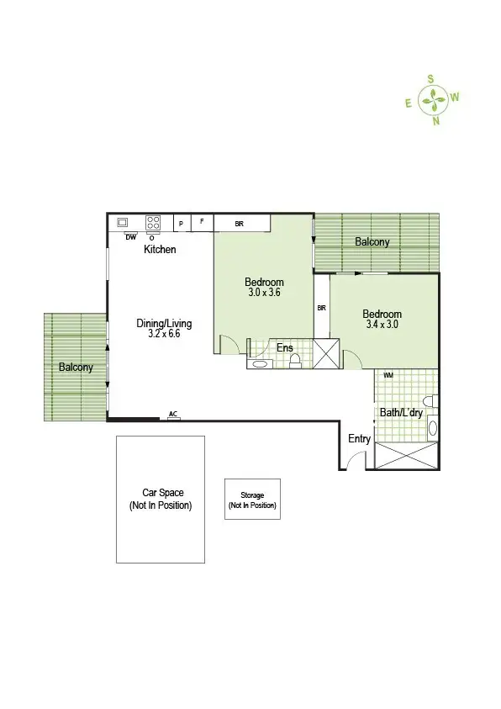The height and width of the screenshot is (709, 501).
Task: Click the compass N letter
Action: (435, 121)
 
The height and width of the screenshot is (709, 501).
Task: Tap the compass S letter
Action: (430, 78)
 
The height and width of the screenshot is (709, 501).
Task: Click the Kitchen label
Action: (160, 250)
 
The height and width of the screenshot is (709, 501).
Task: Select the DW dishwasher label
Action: (130, 237)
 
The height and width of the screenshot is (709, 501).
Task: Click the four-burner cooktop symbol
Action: (153, 223)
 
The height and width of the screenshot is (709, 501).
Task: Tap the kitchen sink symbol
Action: (123, 223)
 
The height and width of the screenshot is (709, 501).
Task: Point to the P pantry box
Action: (181, 224)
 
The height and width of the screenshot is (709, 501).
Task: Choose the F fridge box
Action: (202, 223)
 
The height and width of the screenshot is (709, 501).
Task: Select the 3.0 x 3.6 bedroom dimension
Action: (264, 294)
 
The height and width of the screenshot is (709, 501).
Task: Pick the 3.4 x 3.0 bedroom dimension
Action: (382, 324)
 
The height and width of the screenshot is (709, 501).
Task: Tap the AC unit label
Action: (173, 414)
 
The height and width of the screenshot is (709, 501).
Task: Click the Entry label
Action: (359, 439)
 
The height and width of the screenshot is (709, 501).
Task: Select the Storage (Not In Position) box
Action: (252, 500)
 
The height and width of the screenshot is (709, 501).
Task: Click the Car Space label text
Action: (161, 494)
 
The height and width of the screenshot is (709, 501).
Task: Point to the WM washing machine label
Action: (388, 375)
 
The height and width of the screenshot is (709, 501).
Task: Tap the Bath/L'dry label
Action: (399, 413)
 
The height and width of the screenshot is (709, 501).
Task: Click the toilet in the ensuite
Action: (295, 361)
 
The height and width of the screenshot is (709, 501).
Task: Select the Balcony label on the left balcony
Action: (76, 368)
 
